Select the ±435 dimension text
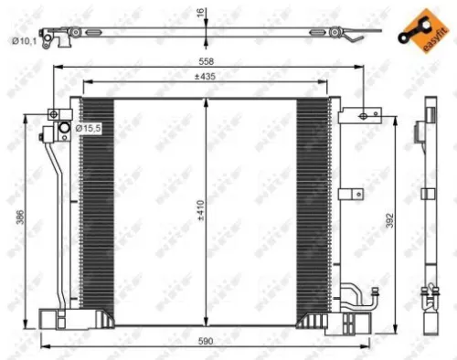[x=206, y=77]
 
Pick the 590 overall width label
[x=206, y=341]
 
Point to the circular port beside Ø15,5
[x=64, y=129]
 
